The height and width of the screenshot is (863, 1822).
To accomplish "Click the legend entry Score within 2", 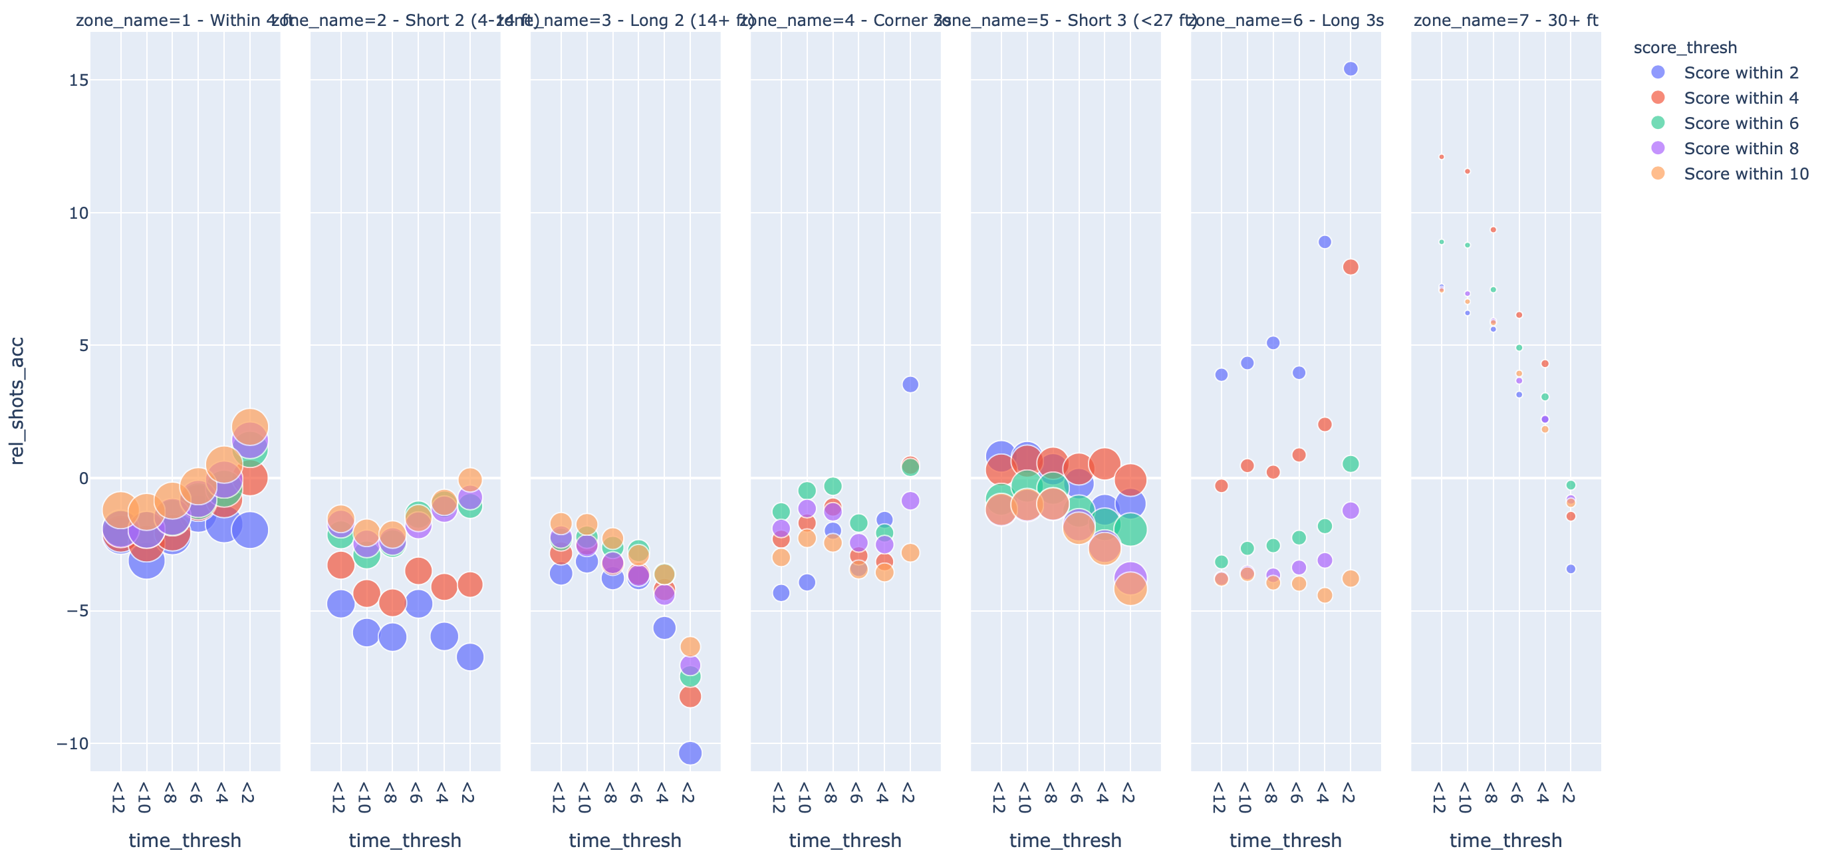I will (1740, 73).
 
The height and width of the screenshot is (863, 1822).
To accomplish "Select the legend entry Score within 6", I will (1740, 123).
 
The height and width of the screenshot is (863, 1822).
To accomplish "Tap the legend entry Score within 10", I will (1746, 174).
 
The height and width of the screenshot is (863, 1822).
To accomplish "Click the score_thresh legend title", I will (1685, 47).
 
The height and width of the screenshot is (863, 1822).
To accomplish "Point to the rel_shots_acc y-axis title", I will (17, 400).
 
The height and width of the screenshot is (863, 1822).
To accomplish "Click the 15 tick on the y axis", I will (78, 80).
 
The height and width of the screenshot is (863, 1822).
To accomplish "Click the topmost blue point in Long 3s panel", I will (1351, 68).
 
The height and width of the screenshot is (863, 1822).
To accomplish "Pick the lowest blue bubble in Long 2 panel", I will (690, 753).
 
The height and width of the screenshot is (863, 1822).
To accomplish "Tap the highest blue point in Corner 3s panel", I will (910, 384).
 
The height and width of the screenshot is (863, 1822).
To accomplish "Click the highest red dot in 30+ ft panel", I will (1442, 157).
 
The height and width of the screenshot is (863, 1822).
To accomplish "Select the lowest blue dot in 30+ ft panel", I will (1571, 568).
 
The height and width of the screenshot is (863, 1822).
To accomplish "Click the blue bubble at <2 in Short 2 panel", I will (469, 657).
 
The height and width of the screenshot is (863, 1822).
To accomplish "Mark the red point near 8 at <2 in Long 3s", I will (1351, 267).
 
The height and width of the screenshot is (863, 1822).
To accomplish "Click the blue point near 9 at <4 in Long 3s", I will (1325, 242).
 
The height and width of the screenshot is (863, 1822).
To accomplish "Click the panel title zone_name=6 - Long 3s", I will (1285, 21).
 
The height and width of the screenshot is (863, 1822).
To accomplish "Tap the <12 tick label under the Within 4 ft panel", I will (119, 798).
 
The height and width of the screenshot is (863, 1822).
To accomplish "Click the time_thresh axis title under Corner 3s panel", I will (845, 840).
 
